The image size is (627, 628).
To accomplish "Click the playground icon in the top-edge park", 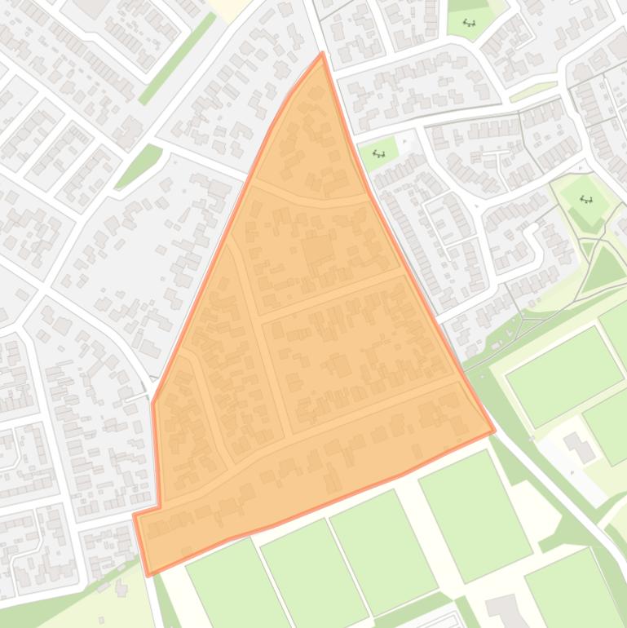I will [x=469, y=23].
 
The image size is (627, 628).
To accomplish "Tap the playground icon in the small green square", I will [x=378, y=153].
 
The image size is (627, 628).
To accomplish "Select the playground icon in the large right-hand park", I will [x=586, y=199].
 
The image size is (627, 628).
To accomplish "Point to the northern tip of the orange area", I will [x=323, y=53].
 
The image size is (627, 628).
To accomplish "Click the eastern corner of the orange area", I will [x=494, y=431].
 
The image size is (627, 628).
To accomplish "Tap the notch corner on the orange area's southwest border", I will [x=159, y=507].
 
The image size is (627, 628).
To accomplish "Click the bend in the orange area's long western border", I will [x=153, y=401].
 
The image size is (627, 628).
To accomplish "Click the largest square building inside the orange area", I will [x=318, y=249].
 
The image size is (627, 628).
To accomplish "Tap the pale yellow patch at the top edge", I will [x=228, y=8].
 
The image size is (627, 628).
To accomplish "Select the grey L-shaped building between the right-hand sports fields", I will [x=580, y=446].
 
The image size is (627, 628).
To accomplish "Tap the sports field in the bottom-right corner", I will [x=575, y=587].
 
